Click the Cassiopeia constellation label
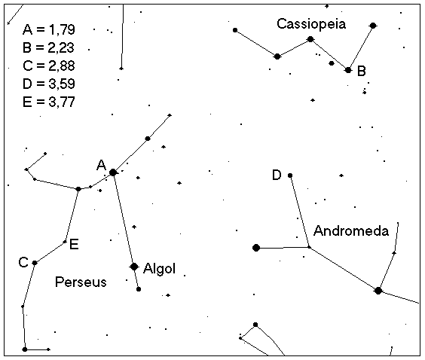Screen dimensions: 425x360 pyautogui.click(x=311, y=24)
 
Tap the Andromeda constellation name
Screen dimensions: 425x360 pyautogui.click(x=351, y=231)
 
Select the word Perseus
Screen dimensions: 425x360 pyautogui.click(x=81, y=282)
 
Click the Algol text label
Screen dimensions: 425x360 pyautogui.click(x=160, y=269)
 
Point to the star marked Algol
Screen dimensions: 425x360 pyautogui.click(x=134, y=267)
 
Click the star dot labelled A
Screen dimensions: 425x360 pyautogui.click(x=113, y=172)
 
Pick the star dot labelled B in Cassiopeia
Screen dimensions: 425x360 pyautogui.click(x=348, y=70)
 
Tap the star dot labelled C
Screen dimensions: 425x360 pyautogui.click(x=35, y=263)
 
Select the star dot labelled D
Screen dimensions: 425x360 pyautogui.click(x=290, y=175)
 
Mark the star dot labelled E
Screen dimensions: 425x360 pyautogui.click(x=65, y=242)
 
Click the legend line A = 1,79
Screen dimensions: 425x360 pyautogui.click(x=49, y=29)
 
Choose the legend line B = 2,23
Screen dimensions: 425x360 pyautogui.click(x=48, y=47)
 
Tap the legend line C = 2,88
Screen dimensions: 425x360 pyautogui.click(x=49, y=66)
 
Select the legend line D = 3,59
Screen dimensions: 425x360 pyautogui.click(x=49, y=84)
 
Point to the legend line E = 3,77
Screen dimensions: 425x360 pyautogui.click(x=49, y=102)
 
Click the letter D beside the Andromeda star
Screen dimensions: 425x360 pyautogui.click(x=277, y=175)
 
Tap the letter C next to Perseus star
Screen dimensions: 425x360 pyautogui.click(x=23, y=262)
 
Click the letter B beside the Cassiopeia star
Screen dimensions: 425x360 pyautogui.click(x=362, y=72)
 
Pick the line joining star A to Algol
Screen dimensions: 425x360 pyautogui.click(x=124, y=219)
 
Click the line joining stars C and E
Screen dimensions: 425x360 pyautogui.click(x=50, y=252)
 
